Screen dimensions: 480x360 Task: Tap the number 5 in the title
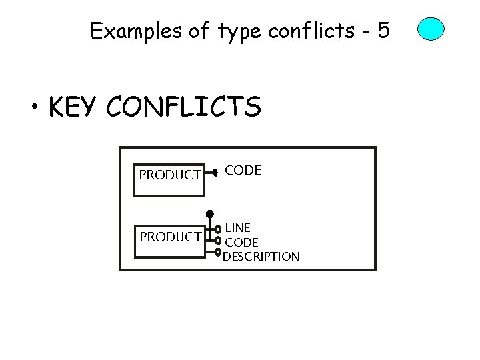[x=383, y=31]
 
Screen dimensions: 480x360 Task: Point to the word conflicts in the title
[x=307, y=31]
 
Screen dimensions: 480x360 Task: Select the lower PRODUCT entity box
[x=169, y=236]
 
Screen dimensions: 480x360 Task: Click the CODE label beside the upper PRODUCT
[x=243, y=171]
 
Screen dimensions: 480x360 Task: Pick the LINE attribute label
[x=238, y=229]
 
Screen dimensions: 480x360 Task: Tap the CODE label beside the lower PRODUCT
[x=241, y=242]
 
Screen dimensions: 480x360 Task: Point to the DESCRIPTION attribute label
[x=261, y=256]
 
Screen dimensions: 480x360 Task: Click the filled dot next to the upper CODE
[x=215, y=171]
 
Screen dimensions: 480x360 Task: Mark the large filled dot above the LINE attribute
[x=209, y=213]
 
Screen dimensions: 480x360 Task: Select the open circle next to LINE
[x=218, y=230]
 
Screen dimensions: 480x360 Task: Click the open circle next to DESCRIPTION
[x=218, y=252]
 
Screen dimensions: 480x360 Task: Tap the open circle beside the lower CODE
[x=218, y=241]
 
